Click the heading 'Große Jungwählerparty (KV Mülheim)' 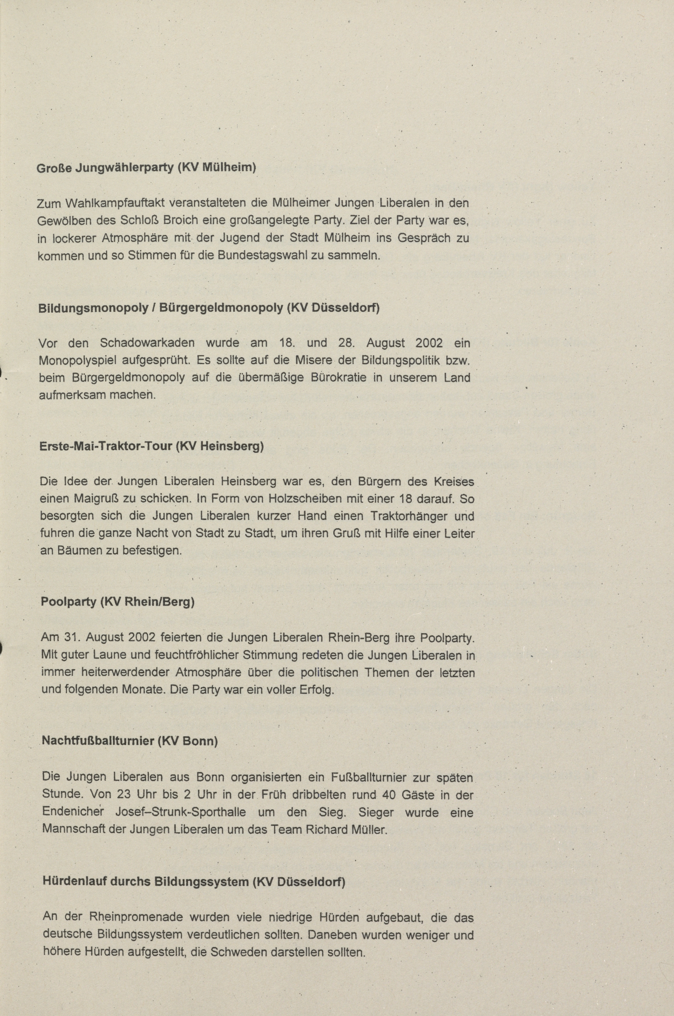(x=146, y=167)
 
